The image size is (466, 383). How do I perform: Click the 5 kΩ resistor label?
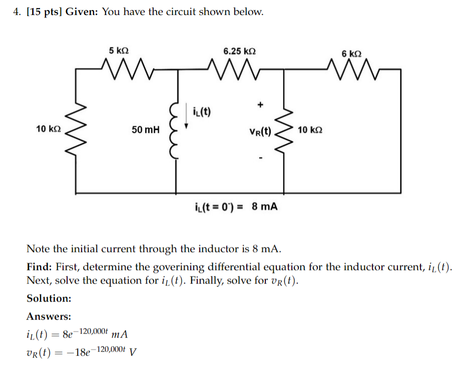click(x=119, y=51)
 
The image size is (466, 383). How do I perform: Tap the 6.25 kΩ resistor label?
click(x=240, y=51)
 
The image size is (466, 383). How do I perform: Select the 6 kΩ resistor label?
click(x=352, y=53)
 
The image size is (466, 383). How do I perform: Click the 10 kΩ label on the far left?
click(x=49, y=129)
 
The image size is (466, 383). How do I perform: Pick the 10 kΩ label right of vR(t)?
click(x=310, y=130)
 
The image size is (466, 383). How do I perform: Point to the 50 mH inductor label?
click(x=146, y=130)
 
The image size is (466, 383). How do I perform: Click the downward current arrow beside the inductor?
click(x=187, y=116)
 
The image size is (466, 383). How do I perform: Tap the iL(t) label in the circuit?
click(x=201, y=110)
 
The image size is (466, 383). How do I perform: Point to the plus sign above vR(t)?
click(x=260, y=105)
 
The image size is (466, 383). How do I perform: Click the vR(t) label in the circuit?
click(x=260, y=132)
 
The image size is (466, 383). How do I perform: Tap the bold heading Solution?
click(x=49, y=298)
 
